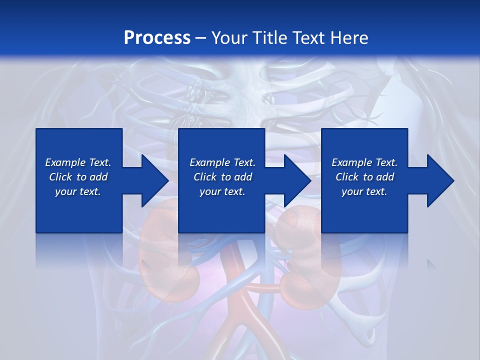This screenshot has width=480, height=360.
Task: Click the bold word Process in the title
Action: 157,38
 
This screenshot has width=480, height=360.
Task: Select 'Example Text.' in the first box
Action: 78,162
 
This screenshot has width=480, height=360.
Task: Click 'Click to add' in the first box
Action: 78,177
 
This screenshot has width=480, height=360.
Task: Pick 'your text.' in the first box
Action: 78,191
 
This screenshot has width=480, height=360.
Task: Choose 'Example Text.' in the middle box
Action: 222,162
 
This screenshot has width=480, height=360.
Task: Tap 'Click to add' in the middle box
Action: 222,177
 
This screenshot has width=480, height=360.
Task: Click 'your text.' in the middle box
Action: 222,191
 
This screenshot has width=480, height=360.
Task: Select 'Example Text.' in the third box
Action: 364,162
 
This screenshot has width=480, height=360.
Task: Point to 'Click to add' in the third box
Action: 364,177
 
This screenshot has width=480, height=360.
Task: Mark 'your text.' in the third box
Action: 364,191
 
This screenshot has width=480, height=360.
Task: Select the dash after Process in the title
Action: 201,38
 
